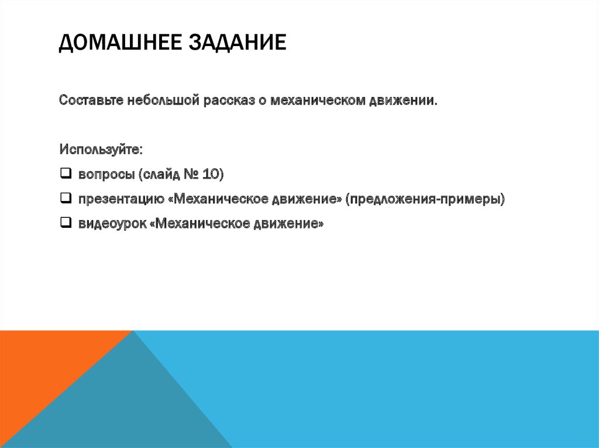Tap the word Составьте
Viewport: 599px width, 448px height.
tap(90, 101)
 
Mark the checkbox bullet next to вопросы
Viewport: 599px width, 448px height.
tap(65, 173)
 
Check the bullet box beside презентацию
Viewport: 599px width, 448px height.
tap(65, 198)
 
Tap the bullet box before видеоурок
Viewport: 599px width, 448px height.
tap(65, 223)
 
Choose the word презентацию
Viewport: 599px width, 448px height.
tap(120, 199)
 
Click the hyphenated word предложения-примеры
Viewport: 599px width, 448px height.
tap(425, 199)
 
